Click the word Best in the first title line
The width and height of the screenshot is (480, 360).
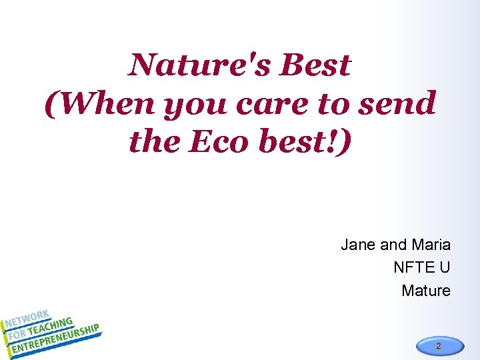pos(315,65)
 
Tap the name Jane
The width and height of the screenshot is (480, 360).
pos(359,245)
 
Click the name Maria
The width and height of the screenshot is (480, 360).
pos(431,245)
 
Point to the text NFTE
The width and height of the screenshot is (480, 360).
pos(413,268)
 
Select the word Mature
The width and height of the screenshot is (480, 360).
pos(426,291)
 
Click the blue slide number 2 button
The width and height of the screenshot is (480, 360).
pos(438,346)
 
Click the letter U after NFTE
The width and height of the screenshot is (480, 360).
pos(445,268)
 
